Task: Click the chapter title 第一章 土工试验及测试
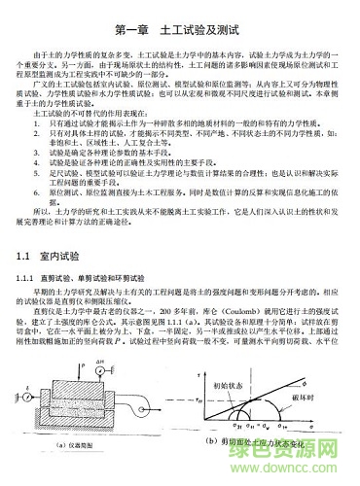coord(180,32)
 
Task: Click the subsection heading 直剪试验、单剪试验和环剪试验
coord(107,281)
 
